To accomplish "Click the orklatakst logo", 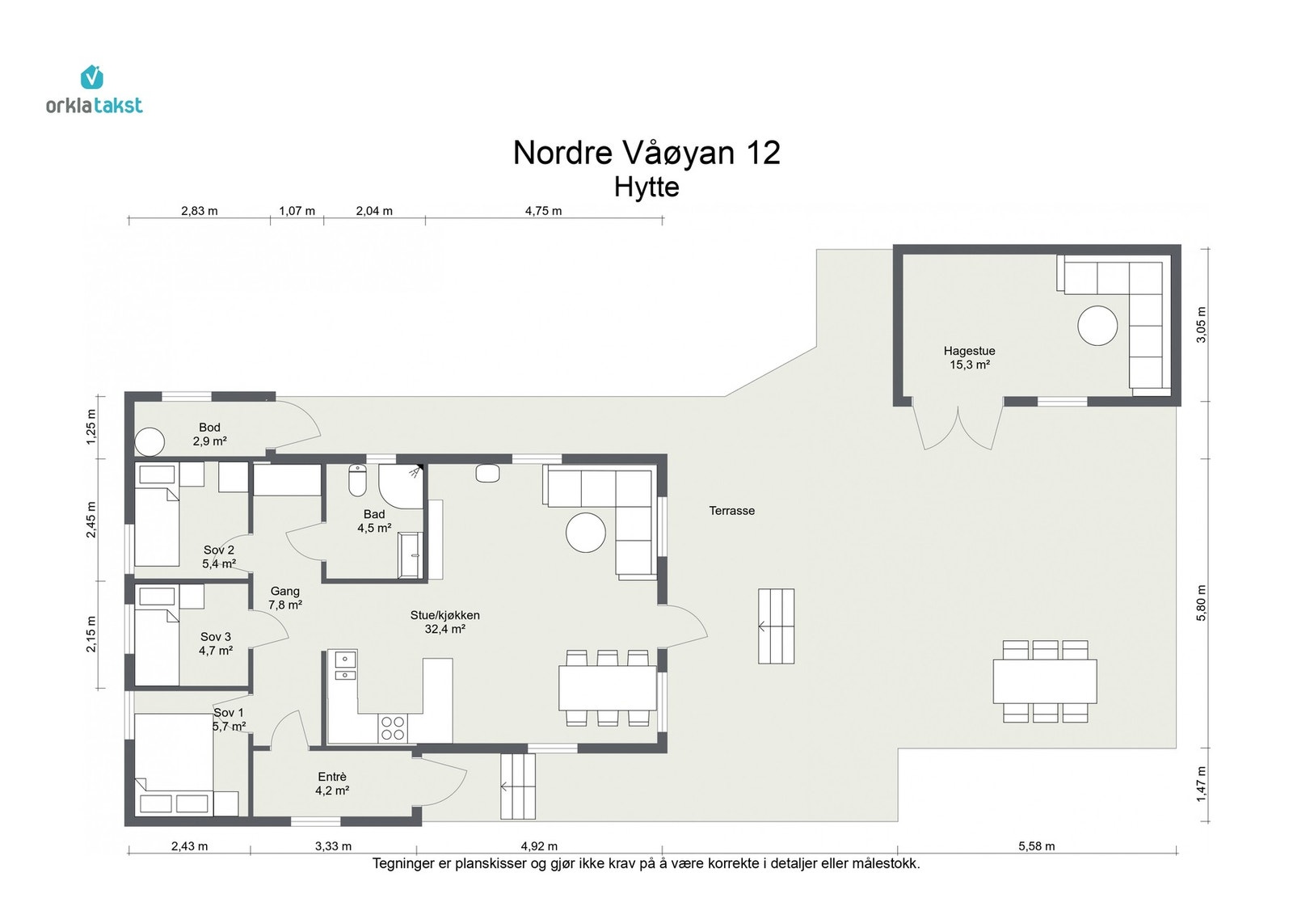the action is pos(94,90).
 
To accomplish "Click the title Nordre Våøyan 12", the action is pos(646,153).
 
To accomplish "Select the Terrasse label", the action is pos(731,510).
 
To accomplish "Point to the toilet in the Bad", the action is pos(357,480).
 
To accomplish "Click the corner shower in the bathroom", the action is pos(401,486).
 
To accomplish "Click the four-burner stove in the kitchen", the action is pos(393,728).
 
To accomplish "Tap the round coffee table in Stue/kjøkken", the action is pos(585,532).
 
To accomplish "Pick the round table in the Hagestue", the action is pos(1097,326).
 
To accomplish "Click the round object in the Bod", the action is pos(150,442).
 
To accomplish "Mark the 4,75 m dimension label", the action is pos(543,211).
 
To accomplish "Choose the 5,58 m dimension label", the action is pos(1036,845).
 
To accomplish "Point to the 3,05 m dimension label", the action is pos(1201,324).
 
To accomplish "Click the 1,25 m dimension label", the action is pos(91,428).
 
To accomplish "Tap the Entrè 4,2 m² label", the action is pos(332,783).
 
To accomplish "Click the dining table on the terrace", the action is pos(1045,681).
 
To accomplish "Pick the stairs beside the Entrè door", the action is pos(518,786).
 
